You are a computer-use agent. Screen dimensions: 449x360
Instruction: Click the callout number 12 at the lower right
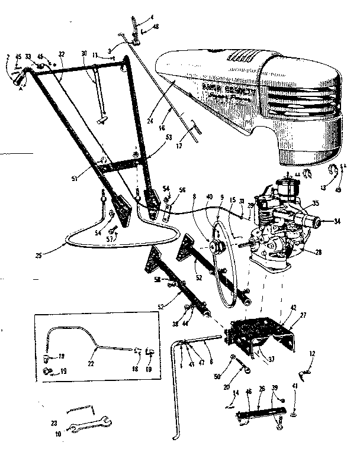pyautogui.click(x=311, y=353)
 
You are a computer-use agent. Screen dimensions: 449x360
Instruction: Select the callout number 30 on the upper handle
pyautogui.click(x=83, y=52)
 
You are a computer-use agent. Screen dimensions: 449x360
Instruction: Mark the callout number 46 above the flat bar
pyautogui.click(x=249, y=392)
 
